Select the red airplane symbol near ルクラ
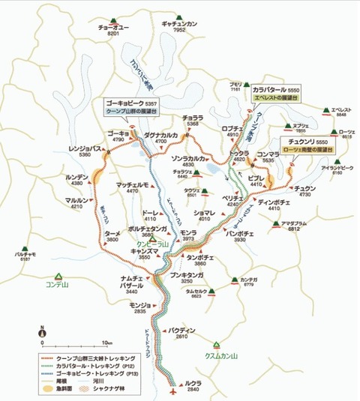(x=174, y=390)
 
